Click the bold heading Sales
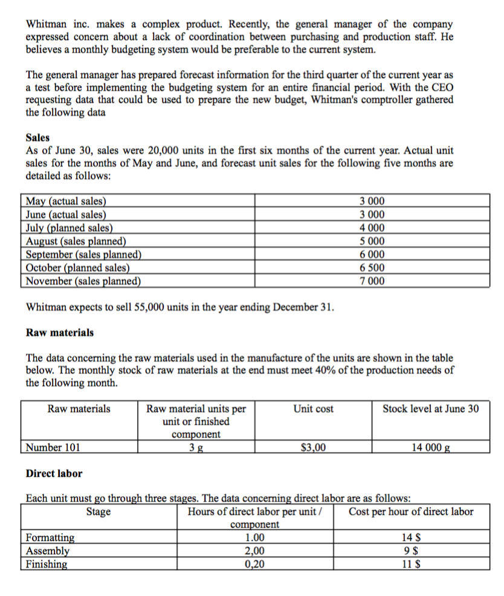37,138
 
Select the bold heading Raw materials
60,332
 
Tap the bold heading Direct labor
54,473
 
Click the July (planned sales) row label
69,228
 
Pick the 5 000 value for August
372,241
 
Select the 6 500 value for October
372,268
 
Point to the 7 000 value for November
372,281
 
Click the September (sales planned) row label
83,254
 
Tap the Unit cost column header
313,409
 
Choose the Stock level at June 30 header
430,409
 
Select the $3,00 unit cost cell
313,448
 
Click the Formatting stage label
51,537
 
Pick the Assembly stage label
48,551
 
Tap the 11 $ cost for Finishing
412,565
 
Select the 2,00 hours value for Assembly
254,551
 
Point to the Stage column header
99,513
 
